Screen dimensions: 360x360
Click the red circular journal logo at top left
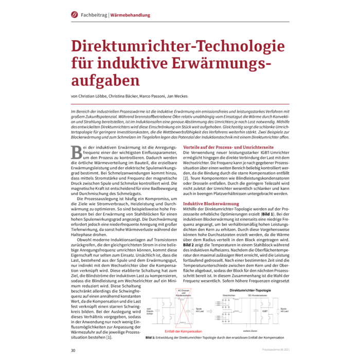tap(75, 14)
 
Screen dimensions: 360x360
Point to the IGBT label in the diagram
tap(264, 311)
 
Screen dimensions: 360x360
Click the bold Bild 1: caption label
tap(151, 337)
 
